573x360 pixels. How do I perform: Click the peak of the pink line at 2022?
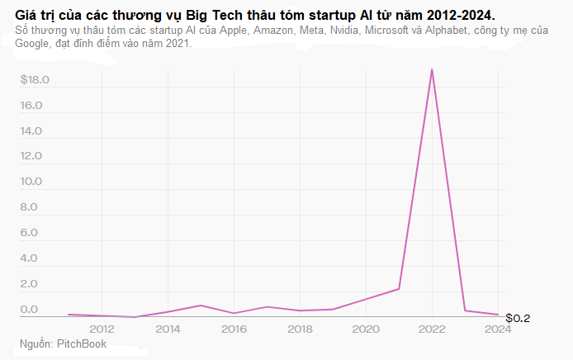[432, 69]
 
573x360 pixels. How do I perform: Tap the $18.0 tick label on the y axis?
[36, 80]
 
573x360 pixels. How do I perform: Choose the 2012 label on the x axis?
[102, 328]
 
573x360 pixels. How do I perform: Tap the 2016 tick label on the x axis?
[234, 328]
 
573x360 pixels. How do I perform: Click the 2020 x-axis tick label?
[366, 328]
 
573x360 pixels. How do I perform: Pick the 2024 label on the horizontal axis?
[498, 328]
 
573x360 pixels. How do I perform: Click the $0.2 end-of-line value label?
[518, 318]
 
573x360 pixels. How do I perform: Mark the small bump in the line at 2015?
[201, 306]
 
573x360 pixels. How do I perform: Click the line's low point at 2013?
[135, 316]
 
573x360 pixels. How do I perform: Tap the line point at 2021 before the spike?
[399, 289]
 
